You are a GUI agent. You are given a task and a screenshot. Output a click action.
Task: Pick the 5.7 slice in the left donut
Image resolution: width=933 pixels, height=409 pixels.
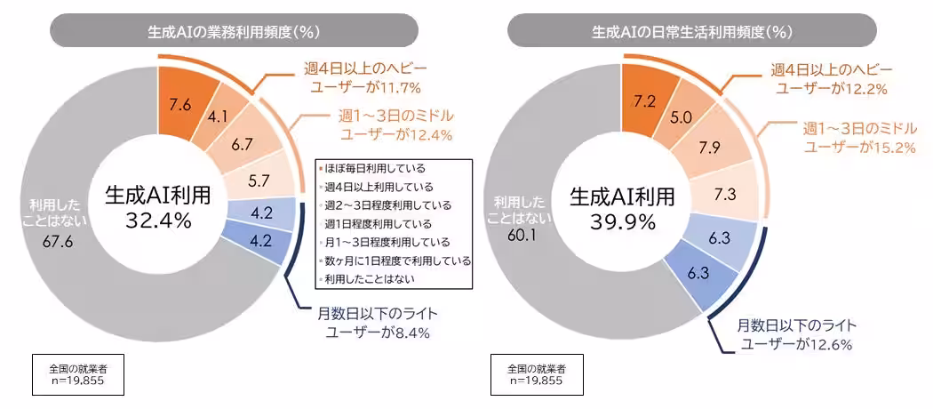(259, 180)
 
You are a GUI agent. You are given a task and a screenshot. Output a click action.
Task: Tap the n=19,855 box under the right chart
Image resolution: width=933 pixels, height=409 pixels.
(535, 374)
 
